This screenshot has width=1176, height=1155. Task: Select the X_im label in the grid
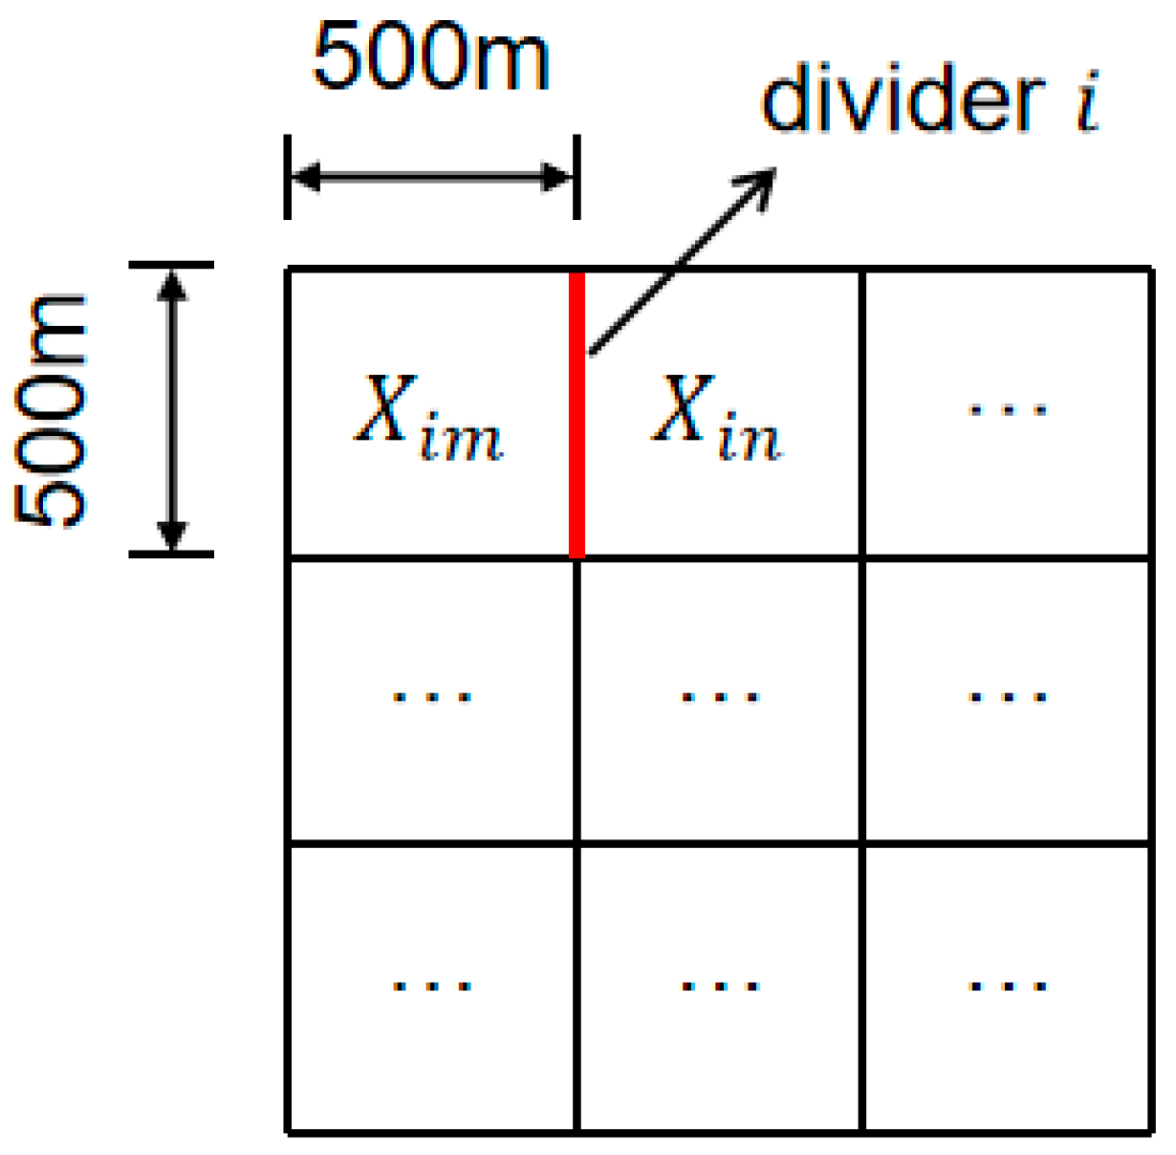pyautogui.click(x=428, y=417)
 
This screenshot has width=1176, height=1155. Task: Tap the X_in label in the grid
pyautogui.click(x=717, y=417)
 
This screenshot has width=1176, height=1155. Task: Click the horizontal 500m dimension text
pyautogui.click(x=431, y=57)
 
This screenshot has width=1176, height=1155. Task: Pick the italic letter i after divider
pyautogui.click(x=1088, y=101)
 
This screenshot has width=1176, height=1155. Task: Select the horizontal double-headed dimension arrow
pyautogui.click(x=431, y=177)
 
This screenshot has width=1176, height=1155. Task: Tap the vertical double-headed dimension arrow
pyautogui.click(x=171, y=409)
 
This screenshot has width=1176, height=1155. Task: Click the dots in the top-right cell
pyautogui.click(x=1008, y=410)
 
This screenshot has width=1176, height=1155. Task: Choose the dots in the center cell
pyautogui.click(x=720, y=697)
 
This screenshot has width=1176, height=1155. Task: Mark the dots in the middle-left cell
pyautogui.click(x=432, y=697)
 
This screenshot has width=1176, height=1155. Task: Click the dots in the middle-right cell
pyautogui.click(x=1008, y=697)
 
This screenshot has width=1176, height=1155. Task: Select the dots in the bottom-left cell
pyautogui.click(x=432, y=985)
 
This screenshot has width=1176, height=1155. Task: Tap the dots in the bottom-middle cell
pyautogui.click(x=720, y=985)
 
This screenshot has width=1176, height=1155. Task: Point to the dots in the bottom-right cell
pyautogui.click(x=1008, y=985)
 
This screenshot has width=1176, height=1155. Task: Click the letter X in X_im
pyautogui.click(x=385, y=407)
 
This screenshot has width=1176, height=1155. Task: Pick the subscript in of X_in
pyautogui.click(x=750, y=441)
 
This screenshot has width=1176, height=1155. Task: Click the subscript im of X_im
pyautogui.click(x=461, y=441)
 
